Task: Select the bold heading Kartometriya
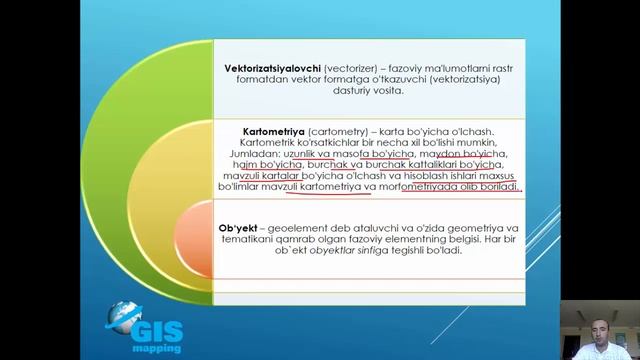[275, 131]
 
